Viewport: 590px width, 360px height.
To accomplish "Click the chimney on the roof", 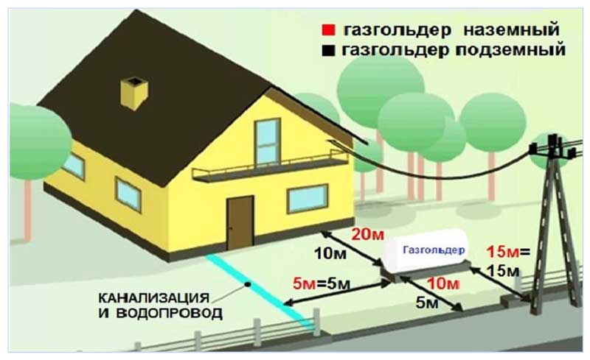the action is click(135, 91).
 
